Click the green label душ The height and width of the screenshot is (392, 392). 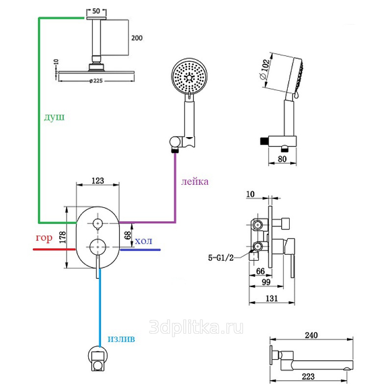click(x=54, y=118)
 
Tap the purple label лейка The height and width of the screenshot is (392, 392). click(x=195, y=182)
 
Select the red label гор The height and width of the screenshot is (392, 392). click(x=44, y=239)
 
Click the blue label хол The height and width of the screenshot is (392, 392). click(x=144, y=241)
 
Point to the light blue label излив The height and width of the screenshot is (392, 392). click(x=121, y=338)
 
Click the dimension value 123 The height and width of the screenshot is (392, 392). click(x=98, y=181)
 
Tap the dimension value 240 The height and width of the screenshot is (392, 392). click(x=311, y=336)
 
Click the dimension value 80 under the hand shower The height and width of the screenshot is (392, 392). click(x=282, y=159)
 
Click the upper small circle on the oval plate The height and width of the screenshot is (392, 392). click(x=98, y=223)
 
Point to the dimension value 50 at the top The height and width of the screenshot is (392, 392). click(x=96, y=10)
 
